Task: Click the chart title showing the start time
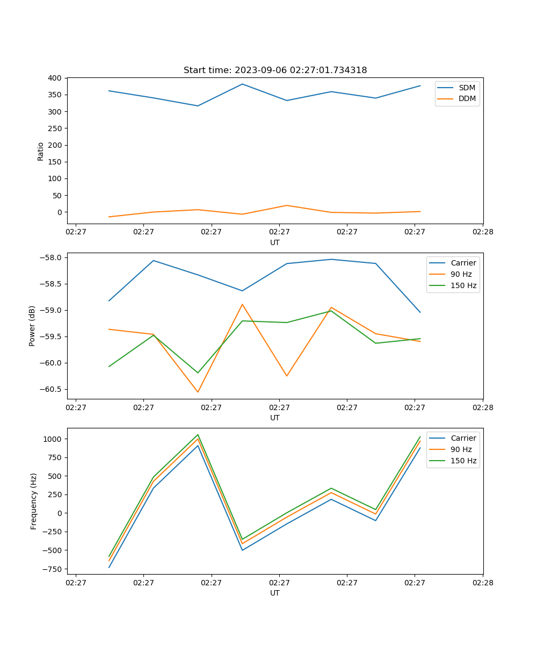tap(275, 70)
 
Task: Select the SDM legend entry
tap(467, 87)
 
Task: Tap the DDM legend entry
tap(467, 98)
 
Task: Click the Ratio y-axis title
tap(41, 151)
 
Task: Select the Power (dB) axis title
tap(32, 326)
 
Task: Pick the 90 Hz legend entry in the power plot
tap(461, 274)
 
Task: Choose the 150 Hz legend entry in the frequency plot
tap(463, 461)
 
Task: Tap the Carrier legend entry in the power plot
tap(463, 263)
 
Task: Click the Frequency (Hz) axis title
tap(34, 501)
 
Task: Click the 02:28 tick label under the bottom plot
tap(482, 582)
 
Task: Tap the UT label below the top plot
tap(275, 242)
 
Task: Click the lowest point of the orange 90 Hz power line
tap(198, 392)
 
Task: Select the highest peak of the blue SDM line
tap(242, 84)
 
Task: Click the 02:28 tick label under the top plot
tap(482, 232)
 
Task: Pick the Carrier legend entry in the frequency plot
tap(463, 438)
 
